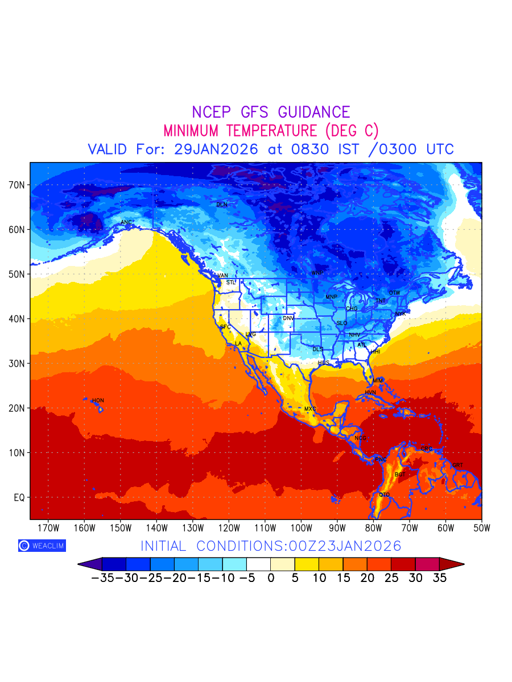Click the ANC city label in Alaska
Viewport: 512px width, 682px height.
[126, 222]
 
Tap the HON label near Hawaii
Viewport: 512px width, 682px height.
[98, 401]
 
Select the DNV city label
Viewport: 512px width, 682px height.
[288, 318]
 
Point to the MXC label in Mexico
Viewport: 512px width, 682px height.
[310, 409]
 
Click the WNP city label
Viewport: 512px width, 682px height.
[317, 273]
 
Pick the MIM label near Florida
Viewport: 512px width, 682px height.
[378, 380]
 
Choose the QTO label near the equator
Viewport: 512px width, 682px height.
[385, 495]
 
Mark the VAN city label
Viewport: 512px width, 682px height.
[223, 276]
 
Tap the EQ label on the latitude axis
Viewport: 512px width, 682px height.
[19, 497]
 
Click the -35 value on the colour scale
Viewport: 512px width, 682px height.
[102, 579]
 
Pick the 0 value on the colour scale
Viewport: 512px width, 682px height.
[271, 579]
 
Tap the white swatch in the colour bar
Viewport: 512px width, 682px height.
[259, 564]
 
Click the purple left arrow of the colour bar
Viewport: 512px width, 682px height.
[90, 564]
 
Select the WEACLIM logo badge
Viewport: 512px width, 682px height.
[42, 546]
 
